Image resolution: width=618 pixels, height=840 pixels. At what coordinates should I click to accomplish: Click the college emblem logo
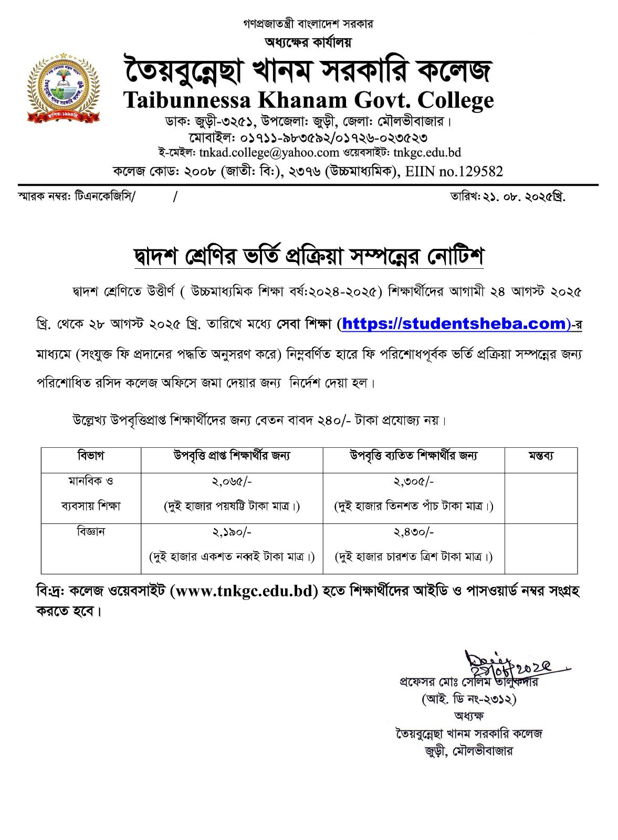63,88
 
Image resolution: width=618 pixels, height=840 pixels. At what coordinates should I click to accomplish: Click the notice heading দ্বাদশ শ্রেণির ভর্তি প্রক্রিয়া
309,257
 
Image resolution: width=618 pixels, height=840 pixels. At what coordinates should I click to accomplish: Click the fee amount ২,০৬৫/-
232,481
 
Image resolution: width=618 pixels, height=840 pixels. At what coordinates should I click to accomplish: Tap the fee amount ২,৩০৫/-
414,481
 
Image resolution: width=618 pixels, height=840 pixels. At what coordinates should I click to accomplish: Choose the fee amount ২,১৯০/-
232,532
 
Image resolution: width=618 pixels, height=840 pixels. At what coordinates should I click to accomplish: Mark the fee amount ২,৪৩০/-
414,532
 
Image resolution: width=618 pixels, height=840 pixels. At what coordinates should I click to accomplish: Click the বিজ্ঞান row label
91,532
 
